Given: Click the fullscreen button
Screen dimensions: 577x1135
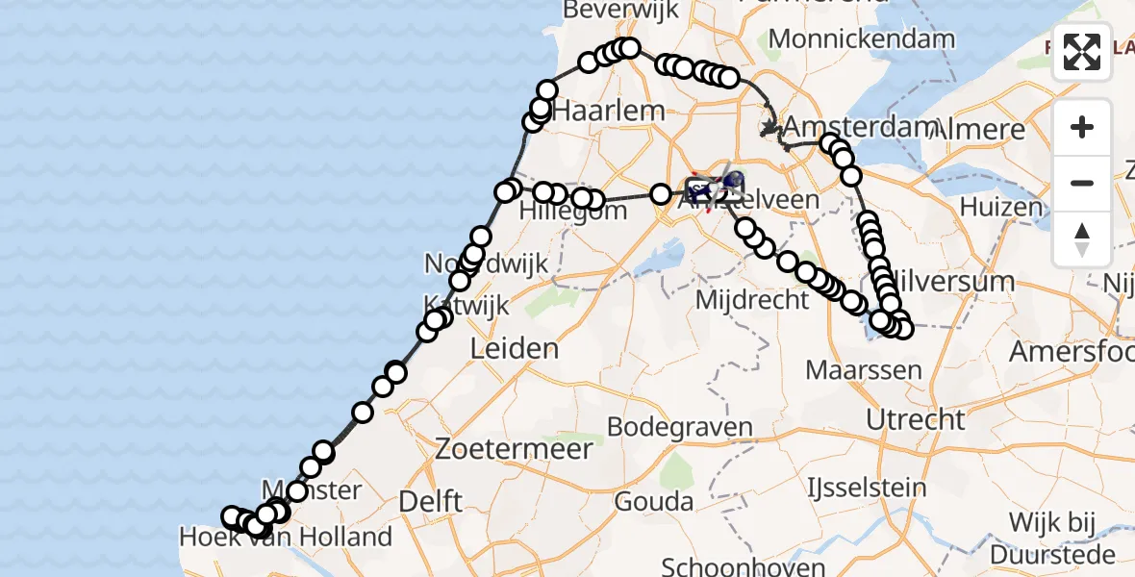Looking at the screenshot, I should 1082,52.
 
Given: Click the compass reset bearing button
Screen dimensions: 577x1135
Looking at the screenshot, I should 1082,239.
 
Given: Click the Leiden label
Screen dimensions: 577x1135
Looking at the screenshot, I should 515,348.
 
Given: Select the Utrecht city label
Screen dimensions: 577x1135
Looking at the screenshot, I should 915,419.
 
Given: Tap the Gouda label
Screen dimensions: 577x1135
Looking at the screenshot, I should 655,501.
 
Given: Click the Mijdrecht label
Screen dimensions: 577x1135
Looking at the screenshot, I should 752,300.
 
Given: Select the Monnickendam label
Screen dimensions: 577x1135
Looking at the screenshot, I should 862,39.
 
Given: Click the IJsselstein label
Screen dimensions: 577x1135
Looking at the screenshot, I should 867,484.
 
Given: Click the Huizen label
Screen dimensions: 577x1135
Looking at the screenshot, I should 988,207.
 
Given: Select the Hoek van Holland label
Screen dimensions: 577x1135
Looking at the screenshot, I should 286,537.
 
